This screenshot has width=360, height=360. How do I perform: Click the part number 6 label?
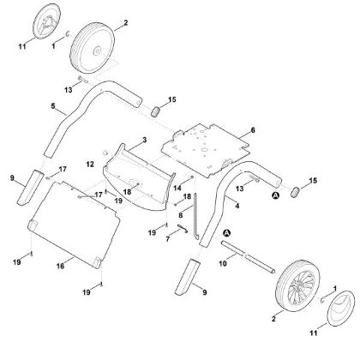coord(253,130)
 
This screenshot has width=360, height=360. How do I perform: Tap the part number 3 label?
coord(145,140)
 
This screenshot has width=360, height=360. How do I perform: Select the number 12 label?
coord(90,164)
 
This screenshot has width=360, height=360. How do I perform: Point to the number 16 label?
coord(60,266)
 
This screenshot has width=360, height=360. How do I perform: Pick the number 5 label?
coord(53,106)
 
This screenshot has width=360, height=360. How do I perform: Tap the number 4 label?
coord(237,206)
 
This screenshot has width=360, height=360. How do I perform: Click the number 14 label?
coord(177,188)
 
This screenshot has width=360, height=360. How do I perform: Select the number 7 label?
coord(168,238)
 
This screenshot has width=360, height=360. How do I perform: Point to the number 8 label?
coord(180,214)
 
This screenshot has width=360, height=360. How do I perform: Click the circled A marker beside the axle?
coord(227,233)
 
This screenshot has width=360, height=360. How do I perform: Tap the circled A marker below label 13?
coord(275,195)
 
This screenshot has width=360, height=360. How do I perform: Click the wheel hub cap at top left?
coord(47,21)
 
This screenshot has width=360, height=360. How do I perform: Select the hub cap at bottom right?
coord(341,309)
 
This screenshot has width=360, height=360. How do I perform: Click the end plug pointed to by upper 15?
coord(155,111)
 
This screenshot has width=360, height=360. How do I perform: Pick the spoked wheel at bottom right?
coord(296,285)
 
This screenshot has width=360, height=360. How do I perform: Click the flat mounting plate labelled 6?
coord(207,150)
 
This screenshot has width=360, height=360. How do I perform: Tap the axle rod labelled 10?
coord(248,257)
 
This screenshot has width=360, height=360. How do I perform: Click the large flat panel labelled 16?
coord(74,225)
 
